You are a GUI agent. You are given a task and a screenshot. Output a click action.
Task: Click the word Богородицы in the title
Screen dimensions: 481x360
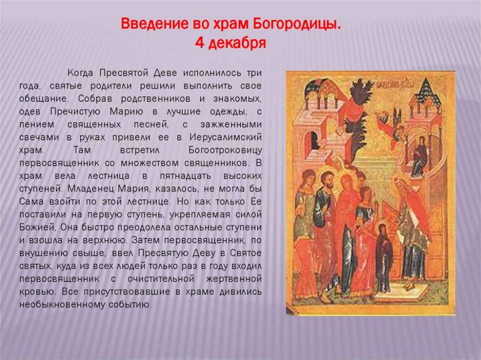(297, 24)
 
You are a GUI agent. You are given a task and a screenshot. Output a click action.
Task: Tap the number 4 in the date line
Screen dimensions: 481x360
(200, 43)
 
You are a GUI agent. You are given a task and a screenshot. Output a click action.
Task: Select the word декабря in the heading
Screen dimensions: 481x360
(237, 43)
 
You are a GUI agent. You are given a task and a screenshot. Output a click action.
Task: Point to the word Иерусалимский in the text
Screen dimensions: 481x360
(226, 137)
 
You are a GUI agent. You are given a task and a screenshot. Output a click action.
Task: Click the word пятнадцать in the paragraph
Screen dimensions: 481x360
(185, 176)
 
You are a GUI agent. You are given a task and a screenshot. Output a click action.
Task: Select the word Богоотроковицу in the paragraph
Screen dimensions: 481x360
(225, 150)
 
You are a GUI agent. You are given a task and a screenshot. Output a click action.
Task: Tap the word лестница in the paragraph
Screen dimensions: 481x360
(109, 176)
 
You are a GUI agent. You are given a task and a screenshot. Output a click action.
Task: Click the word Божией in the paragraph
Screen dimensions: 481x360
(38, 227)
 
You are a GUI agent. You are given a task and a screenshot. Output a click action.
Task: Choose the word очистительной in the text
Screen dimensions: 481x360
(161, 279)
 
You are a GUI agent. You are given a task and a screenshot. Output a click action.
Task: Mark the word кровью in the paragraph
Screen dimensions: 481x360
(37, 292)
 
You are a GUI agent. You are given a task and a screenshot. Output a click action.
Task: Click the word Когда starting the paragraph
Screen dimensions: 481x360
(80, 73)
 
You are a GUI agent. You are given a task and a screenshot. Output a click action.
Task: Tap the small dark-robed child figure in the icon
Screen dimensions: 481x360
(383, 258)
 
